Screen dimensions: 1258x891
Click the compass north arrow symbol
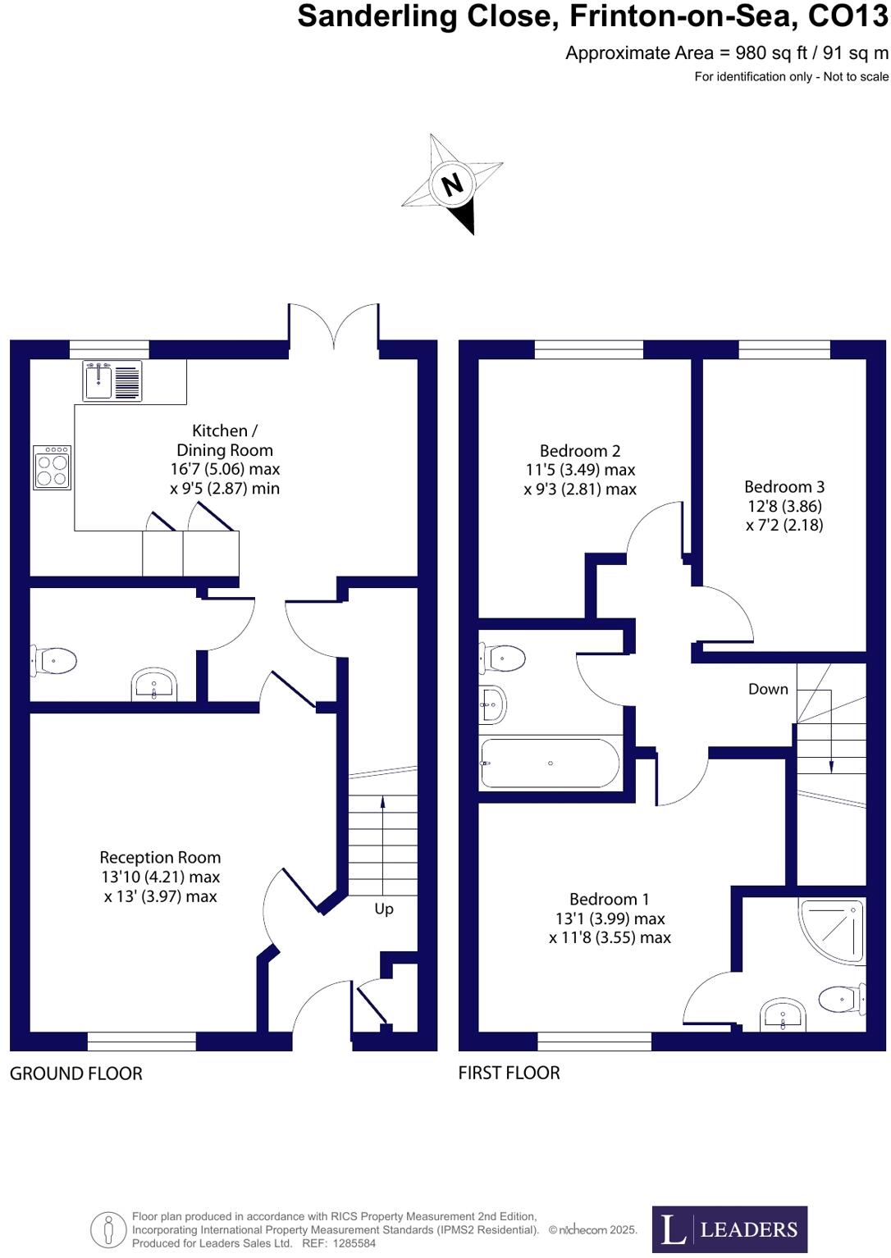[x=453, y=184]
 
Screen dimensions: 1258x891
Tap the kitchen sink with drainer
[x=112, y=381]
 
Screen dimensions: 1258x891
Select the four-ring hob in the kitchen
[x=53, y=467]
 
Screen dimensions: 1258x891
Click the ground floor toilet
[x=55, y=659]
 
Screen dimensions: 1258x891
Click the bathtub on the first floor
[x=551, y=763]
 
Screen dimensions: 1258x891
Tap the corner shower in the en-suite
[x=834, y=930]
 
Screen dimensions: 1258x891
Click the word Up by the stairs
[x=384, y=909]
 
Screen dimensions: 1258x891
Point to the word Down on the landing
[x=768, y=689]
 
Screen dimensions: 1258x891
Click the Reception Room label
[x=160, y=858]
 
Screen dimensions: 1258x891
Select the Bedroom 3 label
[x=784, y=487]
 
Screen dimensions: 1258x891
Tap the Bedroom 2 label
[x=580, y=451]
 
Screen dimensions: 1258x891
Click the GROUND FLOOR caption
[x=76, y=1073]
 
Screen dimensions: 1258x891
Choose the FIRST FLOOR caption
[x=509, y=1073]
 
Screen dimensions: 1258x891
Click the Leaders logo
[x=729, y=1228]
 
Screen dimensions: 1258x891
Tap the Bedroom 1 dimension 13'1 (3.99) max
[x=610, y=918]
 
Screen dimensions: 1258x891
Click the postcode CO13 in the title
[x=848, y=16]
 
